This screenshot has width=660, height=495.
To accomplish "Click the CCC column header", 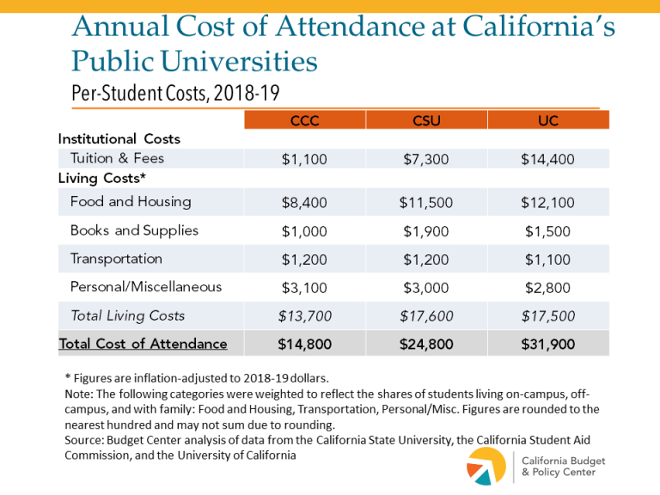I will (305, 121).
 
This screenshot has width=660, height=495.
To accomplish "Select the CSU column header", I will (426, 121).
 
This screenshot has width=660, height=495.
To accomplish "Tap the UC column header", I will (548, 121).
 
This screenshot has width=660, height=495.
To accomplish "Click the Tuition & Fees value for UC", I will (548, 159).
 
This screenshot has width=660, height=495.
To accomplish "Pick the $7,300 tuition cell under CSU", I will (426, 159).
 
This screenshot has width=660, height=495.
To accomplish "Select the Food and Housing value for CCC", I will (305, 203).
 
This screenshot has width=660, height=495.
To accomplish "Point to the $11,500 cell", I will (426, 203).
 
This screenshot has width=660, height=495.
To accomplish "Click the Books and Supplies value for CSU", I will (426, 231).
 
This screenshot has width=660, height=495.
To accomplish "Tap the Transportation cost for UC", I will (548, 260).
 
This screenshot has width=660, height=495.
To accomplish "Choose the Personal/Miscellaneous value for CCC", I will (305, 288).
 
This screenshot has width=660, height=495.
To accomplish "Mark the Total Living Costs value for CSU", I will (426, 316).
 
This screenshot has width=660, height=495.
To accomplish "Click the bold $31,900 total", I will (548, 345).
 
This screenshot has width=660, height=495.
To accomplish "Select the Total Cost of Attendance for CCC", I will (305, 345).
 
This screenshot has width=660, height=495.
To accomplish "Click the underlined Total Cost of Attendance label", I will (143, 344).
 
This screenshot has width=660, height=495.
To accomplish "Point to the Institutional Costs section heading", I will (119, 138).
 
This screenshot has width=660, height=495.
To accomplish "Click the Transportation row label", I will (116, 259).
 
